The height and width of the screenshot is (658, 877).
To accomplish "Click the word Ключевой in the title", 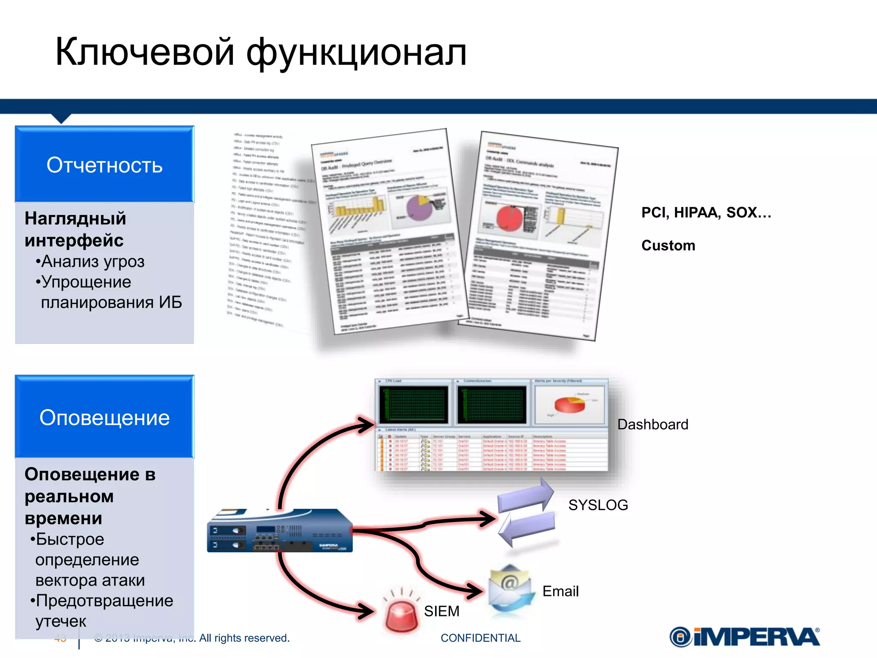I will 145,52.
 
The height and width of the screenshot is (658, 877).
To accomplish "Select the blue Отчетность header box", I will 104,164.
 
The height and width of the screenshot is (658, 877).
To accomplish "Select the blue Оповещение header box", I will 104,417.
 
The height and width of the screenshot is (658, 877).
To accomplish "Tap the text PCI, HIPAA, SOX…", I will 706,212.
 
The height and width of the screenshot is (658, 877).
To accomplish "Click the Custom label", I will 668,245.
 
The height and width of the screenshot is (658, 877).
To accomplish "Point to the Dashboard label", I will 653,425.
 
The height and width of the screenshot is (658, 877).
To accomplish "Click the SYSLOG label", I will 598,505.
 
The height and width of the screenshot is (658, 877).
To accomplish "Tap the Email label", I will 560,591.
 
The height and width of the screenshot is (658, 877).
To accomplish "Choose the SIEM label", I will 441,611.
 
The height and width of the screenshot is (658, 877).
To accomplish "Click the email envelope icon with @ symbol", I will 510,590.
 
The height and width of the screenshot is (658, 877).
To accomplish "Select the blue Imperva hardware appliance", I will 280,531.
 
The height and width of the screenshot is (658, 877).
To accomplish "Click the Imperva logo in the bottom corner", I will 745,637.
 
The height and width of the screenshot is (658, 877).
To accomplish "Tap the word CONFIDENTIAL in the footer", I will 480,638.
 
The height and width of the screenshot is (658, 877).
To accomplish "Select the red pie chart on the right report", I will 510,218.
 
